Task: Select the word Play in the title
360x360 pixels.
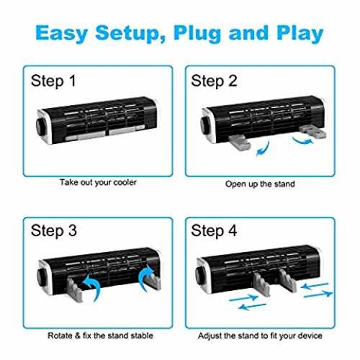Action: coord(300,33)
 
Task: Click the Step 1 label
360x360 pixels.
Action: coord(53,81)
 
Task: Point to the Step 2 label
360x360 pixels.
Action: coord(214,81)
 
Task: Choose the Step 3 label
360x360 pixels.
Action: coord(54,231)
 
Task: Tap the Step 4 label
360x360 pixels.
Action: coord(214,231)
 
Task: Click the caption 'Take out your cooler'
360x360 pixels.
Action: coord(98,183)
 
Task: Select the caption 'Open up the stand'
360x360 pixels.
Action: coord(260,184)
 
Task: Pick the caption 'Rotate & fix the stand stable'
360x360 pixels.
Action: coord(100,336)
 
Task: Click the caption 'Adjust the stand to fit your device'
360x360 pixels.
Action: coord(260,336)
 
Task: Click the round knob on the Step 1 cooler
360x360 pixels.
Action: coord(40,125)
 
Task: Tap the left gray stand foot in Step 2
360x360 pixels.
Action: coord(240,142)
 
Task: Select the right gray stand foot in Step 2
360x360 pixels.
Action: coord(313,132)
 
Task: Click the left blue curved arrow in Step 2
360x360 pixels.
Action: coord(264,149)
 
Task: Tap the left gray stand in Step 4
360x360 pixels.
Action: coord(262,284)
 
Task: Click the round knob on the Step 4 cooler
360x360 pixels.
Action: coord(199,274)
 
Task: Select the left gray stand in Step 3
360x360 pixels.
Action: coord(74,289)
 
